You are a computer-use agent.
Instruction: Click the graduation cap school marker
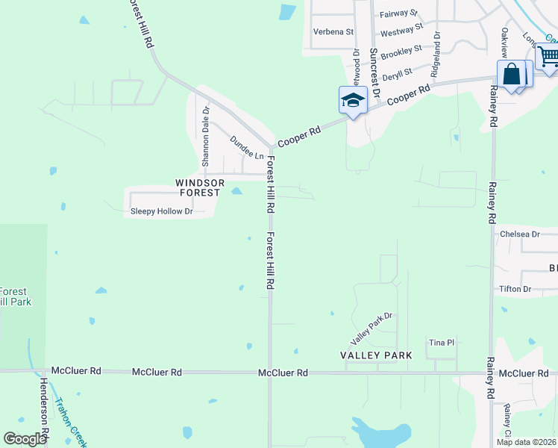353,100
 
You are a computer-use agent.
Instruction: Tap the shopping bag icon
512,75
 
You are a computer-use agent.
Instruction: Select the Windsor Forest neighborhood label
199,187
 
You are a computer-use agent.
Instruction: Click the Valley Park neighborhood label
376,356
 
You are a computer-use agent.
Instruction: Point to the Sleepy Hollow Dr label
162,211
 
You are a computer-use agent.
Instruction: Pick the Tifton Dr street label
515,289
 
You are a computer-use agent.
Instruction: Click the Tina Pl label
441,343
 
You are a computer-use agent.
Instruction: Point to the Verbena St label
333,31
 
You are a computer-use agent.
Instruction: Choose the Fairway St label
398,14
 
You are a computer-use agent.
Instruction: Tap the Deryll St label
398,74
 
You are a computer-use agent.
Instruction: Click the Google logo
25,439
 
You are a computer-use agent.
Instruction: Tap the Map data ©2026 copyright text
525,442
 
